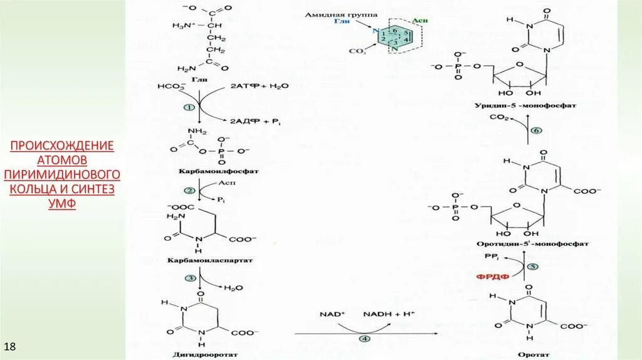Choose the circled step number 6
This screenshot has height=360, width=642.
[535, 130]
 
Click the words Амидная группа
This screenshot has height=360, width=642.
[333, 14]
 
